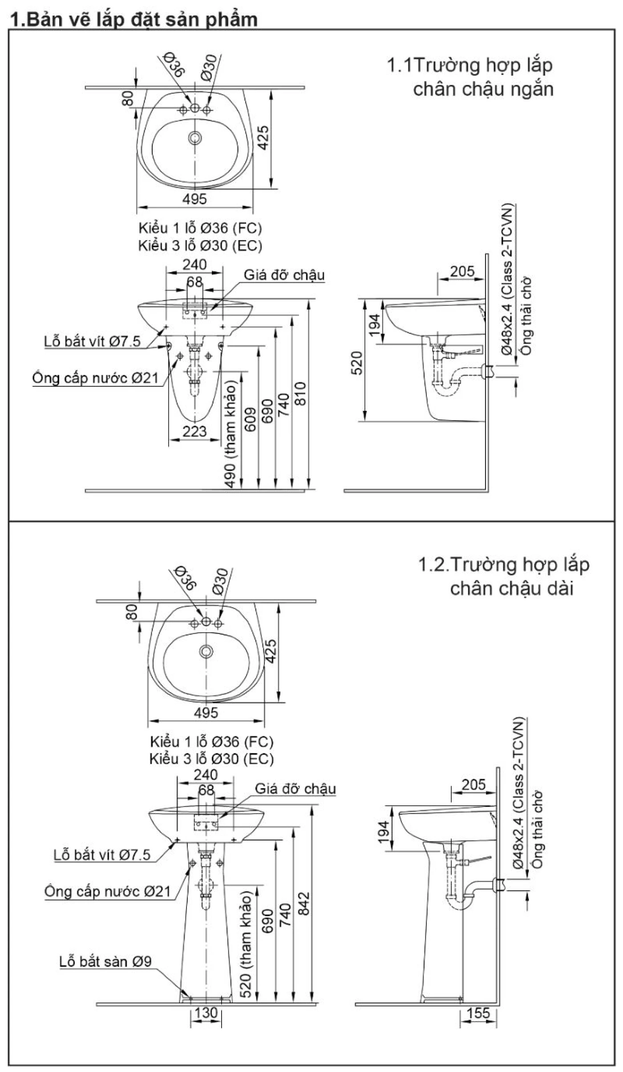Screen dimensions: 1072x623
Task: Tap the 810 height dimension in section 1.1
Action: [301, 393]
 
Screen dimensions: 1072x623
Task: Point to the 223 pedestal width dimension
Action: [194, 431]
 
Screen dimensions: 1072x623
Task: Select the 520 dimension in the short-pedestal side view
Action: [357, 363]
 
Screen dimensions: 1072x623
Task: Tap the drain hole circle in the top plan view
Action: [194, 138]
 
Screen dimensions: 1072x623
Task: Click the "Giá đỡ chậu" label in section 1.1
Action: [284, 275]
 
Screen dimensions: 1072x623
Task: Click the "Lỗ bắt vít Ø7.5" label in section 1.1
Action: [92, 341]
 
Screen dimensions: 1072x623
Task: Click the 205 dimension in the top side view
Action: [462, 271]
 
